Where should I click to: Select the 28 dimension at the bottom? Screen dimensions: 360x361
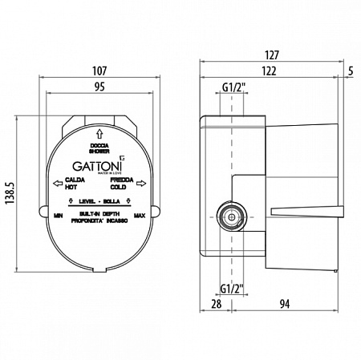coord(214,303)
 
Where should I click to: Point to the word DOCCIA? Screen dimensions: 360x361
coord(99,144)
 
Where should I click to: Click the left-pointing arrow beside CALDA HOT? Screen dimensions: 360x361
coord(56,184)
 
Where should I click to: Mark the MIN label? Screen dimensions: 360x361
coord(58,216)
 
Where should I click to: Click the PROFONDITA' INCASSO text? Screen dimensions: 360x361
coord(99,220)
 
